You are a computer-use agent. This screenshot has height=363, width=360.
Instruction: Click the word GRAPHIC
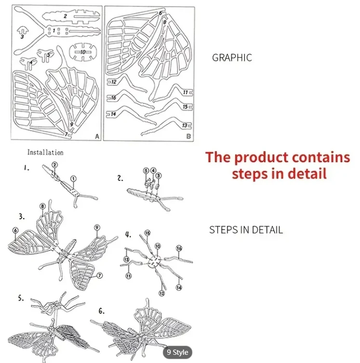coord(232,58)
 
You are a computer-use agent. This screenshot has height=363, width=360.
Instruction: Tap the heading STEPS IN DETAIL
coord(246,230)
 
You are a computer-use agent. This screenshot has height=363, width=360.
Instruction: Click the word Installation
coord(45,152)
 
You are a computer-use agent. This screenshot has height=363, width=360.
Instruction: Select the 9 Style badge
coord(177,352)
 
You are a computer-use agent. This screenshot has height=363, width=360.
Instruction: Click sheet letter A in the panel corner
coord(97,137)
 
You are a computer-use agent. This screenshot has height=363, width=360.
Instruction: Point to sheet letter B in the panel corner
coord(188,137)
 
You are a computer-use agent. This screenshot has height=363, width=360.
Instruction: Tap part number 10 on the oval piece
coord(83,51)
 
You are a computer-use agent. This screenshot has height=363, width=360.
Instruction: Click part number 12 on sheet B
coord(114,82)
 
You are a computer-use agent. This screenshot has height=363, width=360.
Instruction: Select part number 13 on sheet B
coord(185,125)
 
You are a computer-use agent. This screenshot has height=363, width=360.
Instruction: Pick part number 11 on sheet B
coord(185,92)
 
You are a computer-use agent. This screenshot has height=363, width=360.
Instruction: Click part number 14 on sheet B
coord(114,114)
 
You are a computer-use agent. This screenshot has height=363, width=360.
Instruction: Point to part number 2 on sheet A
coord(65,16)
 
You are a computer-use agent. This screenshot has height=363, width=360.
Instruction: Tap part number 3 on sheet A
coord(22,36)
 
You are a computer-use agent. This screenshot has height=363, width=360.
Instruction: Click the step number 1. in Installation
coord(26,169)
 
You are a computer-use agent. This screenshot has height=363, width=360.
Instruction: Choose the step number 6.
coord(101,311)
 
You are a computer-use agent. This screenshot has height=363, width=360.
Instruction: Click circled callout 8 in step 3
coord(42,207)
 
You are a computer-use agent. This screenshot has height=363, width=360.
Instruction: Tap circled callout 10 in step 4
coord(157,246)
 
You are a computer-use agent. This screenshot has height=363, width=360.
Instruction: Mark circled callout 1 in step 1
coord(73,179)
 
